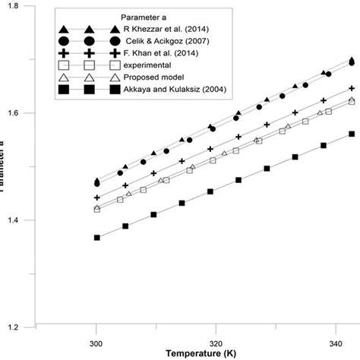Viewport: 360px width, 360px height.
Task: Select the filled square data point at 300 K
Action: pyautogui.click(x=97, y=238)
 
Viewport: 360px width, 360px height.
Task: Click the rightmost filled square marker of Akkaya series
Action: pyautogui.click(x=351, y=134)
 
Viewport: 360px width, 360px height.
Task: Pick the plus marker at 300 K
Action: pyautogui.click(x=97, y=197)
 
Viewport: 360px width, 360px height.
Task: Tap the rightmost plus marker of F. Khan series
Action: pyautogui.click(x=351, y=89)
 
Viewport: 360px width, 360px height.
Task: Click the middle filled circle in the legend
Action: pyautogui.click(x=93, y=42)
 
